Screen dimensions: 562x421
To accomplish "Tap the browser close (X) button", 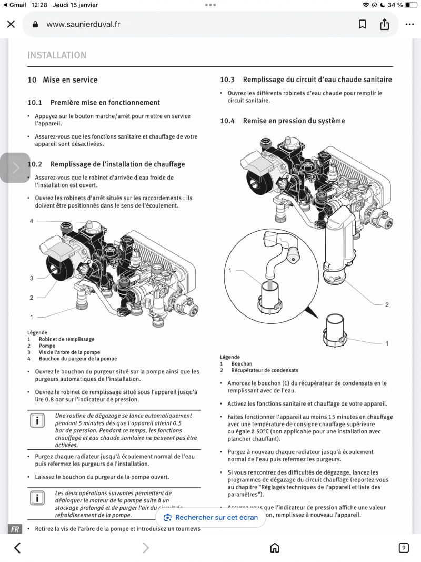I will click(11, 24).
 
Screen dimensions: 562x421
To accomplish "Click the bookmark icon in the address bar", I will click(363, 24).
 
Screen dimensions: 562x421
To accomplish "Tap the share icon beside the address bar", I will click(385, 24).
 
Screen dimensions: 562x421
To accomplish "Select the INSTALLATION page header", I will click(57, 55).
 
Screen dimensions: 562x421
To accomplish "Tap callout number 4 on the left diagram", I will click(32, 221).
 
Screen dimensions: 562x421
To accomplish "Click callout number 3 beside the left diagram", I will click(32, 278).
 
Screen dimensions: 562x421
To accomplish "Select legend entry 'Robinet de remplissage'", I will click(67, 340).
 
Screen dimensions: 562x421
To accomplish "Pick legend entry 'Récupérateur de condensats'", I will click(265, 370).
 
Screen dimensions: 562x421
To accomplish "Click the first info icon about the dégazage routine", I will click(37, 420).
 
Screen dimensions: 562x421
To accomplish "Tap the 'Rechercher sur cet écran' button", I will click(210, 517).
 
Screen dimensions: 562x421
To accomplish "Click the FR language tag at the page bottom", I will click(15, 529).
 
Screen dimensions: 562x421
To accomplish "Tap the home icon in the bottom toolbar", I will click(274, 548).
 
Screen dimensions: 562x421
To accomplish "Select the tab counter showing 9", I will click(404, 548).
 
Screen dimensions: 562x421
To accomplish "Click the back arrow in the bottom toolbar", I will click(17, 548).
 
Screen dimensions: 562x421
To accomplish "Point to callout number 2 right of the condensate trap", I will click(387, 305).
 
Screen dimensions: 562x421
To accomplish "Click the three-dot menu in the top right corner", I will click(409, 24).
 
